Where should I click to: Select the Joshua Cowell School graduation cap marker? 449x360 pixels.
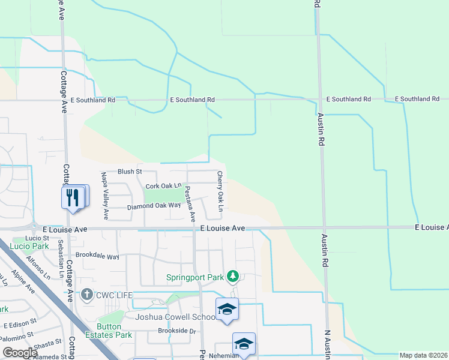pos(227,310)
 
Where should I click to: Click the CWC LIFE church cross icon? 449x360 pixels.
pos(87,294)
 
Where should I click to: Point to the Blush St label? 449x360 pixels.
pos(129,172)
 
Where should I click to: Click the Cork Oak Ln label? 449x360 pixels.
pos(163,185)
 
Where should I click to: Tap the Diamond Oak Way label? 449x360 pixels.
pos(154,206)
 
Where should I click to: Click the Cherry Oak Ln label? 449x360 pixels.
pos(220,191)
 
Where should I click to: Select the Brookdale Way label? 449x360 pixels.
pos(97,256)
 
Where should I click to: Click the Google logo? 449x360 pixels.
pos(20,353)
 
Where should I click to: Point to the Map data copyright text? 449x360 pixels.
pos(423,355)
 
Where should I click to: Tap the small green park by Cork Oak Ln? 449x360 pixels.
pos(163,196)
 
